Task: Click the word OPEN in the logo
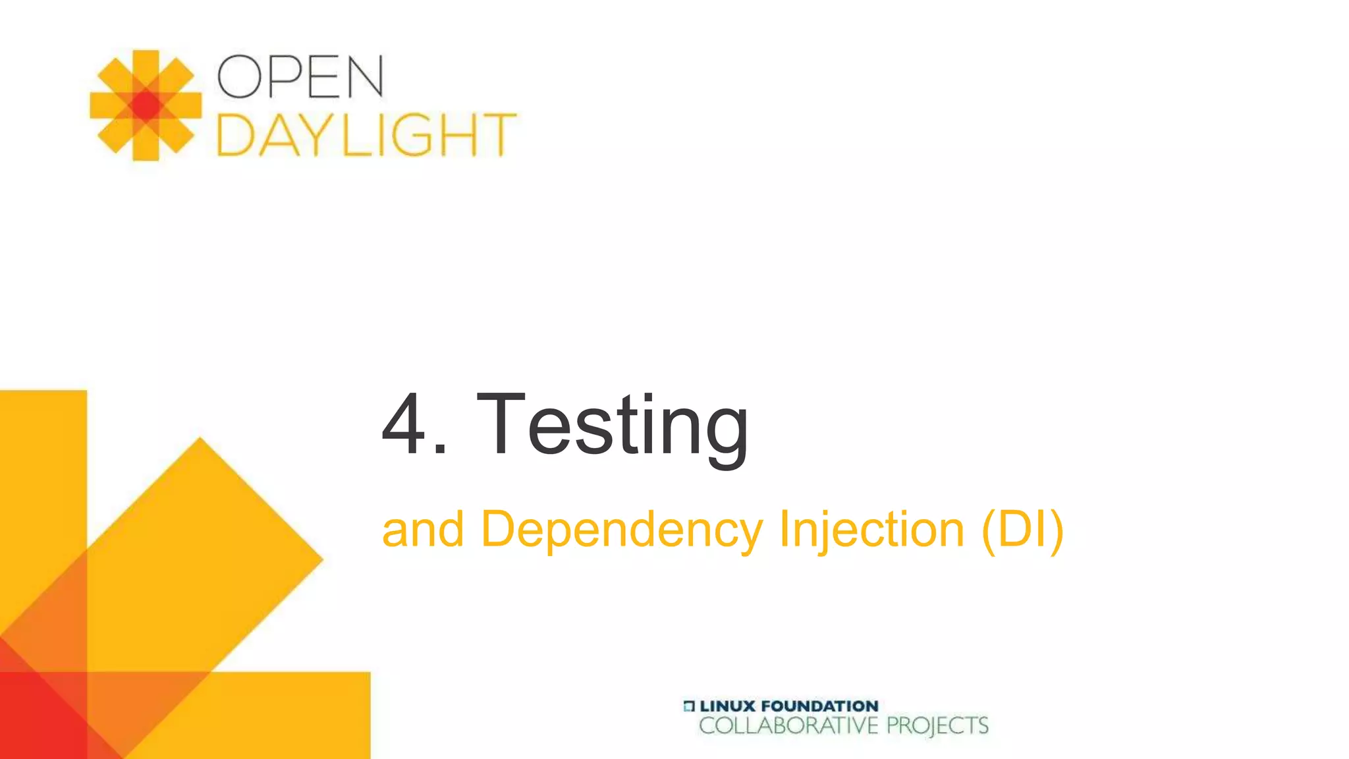point(300,76)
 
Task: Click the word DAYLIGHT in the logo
point(366,134)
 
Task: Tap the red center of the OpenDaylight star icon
point(146,105)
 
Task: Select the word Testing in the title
point(613,425)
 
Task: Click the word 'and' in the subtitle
point(423,529)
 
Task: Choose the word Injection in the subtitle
point(871,529)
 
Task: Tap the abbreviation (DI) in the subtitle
point(1022,529)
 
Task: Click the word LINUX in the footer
point(727,706)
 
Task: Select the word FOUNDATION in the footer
point(819,706)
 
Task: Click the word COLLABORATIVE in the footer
point(788,726)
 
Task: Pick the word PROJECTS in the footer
point(937,726)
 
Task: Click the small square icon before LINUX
point(689,706)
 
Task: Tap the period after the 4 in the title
point(441,450)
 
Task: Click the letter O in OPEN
point(238,76)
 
